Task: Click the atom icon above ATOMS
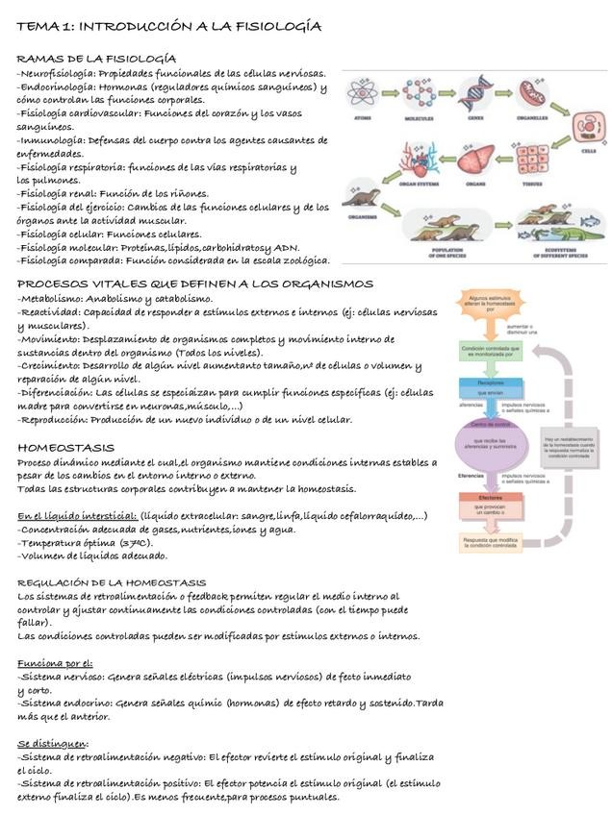click(365, 94)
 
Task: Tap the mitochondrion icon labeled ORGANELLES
click(532, 94)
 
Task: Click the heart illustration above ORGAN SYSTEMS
click(418, 157)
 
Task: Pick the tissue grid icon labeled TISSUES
click(531, 159)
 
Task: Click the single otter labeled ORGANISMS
click(362, 199)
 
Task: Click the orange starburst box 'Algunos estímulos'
click(492, 306)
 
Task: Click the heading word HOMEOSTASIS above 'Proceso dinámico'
click(66, 448)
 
